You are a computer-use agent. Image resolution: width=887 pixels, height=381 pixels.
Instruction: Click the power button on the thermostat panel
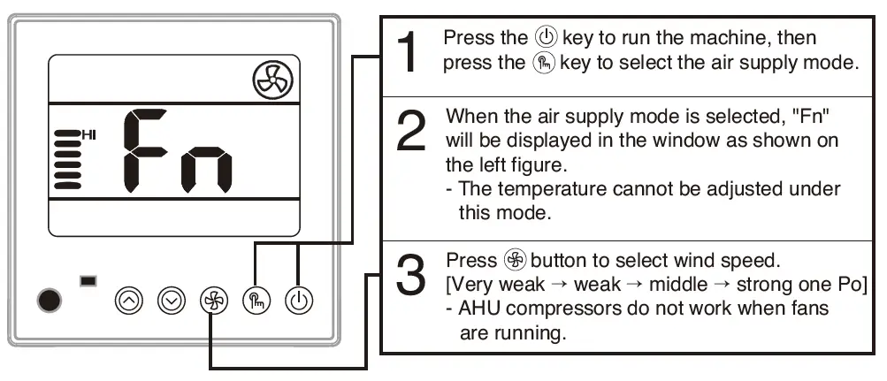pos(299,301)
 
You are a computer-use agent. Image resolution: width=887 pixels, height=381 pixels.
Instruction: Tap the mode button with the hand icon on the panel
pos(255,301)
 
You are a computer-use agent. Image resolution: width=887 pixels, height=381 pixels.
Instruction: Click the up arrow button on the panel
pos(129,301)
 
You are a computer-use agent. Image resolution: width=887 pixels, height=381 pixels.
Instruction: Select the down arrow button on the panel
pos(171,301)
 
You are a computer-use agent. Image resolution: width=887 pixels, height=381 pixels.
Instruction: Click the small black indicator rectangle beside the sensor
pos(88,281)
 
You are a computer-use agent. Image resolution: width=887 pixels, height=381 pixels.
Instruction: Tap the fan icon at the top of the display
pos(270,82)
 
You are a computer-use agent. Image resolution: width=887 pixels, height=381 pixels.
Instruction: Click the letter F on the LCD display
pos(144,151)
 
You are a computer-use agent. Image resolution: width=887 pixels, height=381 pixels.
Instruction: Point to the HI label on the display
pos(89,134)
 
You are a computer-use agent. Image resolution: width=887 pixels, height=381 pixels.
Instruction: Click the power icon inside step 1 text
pos(546,39)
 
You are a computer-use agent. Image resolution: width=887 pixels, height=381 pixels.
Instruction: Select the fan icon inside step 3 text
pos(514,261)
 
